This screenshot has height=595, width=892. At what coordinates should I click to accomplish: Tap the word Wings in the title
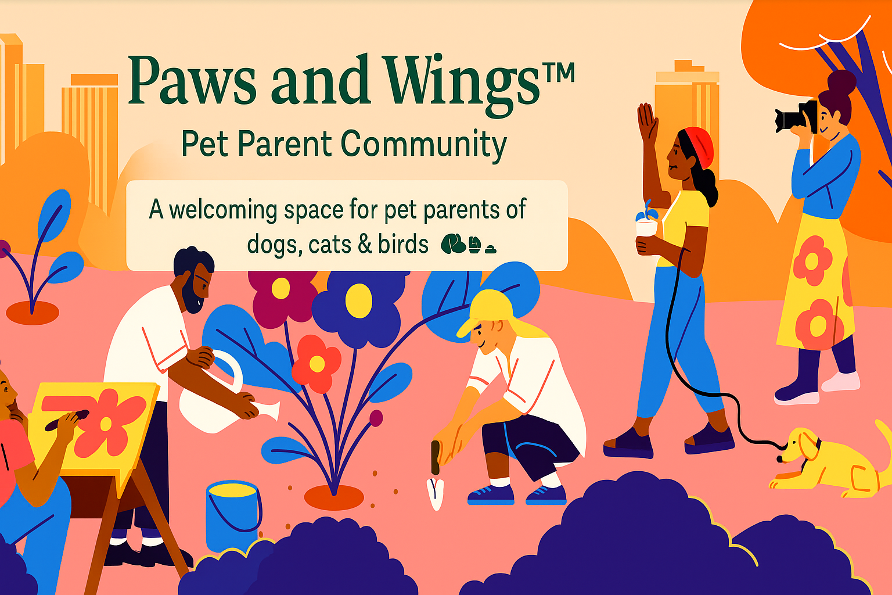tap(461, 85)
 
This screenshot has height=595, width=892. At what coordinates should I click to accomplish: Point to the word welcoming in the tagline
tap(223, 210)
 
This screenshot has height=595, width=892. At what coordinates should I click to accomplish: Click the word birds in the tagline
tap(403, 244)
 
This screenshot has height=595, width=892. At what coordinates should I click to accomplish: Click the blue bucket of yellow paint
tap(233, 514)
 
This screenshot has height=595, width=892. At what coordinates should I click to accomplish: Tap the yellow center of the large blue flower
tap(358, 300)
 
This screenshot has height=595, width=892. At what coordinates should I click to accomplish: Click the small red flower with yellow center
tap(316, 363)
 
